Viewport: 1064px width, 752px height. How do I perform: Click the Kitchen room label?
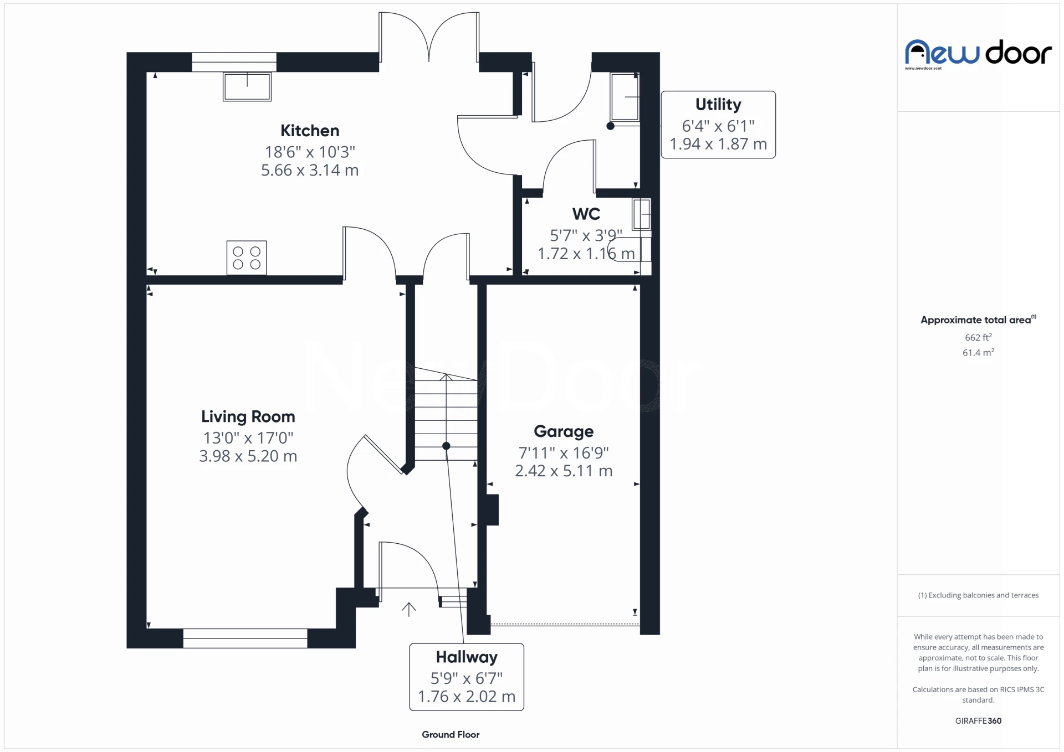tap(309, 131)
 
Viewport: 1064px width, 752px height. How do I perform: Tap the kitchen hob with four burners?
tap(247, 258)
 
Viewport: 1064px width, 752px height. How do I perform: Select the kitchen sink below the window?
tap(247, 86)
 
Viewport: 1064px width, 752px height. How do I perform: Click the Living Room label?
tap(248, 416)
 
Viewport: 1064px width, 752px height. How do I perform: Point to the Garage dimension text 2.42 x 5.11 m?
tap(564, 471)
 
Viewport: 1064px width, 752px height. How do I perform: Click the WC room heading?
tap(586, 214)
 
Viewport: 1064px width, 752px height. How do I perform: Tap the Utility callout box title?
tap(718, 104)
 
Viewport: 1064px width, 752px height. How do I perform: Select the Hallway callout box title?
tap(466, 657)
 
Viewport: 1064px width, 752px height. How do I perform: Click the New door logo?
tap(978, 54)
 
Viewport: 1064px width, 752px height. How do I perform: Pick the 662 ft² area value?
tap(978, 337)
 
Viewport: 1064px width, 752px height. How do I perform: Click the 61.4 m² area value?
tap(978, 352)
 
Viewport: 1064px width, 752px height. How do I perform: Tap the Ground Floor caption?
tap(450, 734)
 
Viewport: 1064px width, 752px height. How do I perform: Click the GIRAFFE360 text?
tap(978, 720)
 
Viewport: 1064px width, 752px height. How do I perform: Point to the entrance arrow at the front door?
tap(408, 609)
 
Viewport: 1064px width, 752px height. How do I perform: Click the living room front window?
tap(245, 638)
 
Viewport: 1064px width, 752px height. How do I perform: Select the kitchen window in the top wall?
tap(234, 62)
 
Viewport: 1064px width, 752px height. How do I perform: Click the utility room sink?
tap(624, 97)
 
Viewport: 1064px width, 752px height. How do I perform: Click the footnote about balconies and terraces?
tap(978, 595)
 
